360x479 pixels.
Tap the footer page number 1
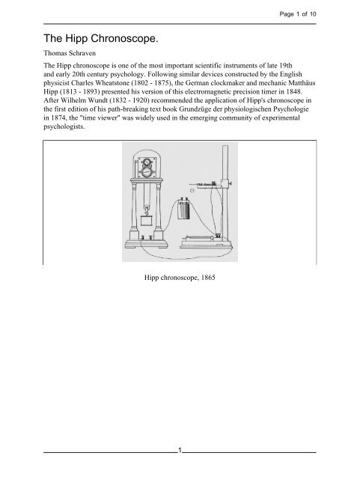(x=180, y=449)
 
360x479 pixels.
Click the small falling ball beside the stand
(x=192, y=191)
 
